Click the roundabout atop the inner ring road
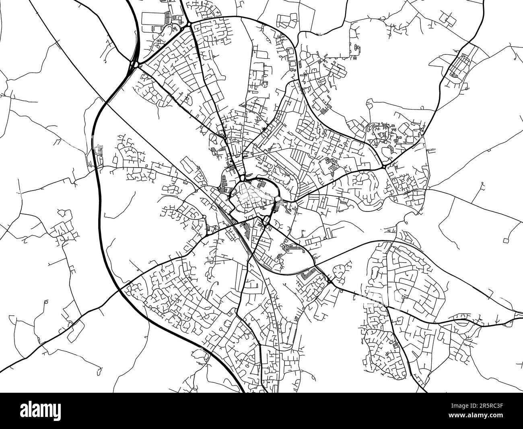coord(241,178)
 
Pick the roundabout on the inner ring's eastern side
coord(278,199)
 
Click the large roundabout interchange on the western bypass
coord(134,64)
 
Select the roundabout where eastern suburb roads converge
coord(384,166)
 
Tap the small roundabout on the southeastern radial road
coord(329,282)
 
